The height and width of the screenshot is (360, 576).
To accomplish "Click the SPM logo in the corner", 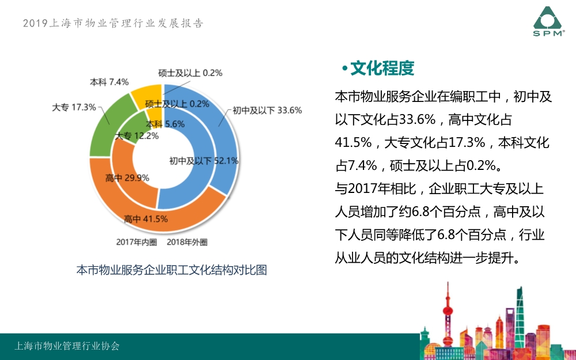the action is [549, 21].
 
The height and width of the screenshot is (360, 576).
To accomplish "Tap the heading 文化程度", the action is [382, 69].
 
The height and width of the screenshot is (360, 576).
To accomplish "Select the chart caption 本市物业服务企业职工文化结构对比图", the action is [172, 270].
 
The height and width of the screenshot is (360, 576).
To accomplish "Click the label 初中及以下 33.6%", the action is [267, 110].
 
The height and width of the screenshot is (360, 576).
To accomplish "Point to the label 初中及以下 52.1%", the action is [204, 161].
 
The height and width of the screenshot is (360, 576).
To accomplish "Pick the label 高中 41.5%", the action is [146, 219].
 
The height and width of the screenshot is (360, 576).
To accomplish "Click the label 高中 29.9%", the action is [127, 178].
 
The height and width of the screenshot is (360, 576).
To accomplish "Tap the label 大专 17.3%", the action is [74, 107].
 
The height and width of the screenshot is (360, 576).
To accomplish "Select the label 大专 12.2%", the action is [137, 136].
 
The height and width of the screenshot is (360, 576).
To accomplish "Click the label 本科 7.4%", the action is [109, 82].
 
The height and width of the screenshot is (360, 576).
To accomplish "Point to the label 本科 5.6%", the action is [165, 124].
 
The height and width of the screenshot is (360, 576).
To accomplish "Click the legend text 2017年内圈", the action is [137, 242].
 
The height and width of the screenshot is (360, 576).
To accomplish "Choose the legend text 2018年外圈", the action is [187, 242].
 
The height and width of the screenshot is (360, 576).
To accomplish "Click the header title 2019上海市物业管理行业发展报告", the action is [113, 23].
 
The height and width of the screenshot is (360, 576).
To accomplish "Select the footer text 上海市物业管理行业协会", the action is [67, 346].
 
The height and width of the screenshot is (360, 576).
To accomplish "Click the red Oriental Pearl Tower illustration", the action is [448, 314].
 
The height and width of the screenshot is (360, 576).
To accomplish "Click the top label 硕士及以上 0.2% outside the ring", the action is [190, 73].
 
